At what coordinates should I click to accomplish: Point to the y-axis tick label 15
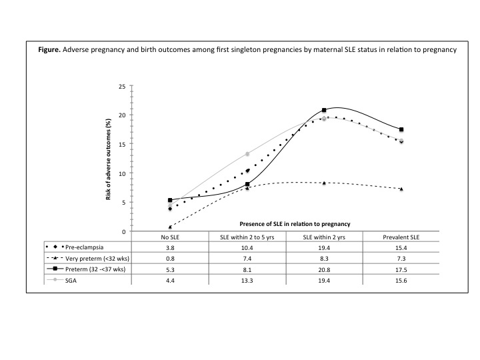pyautogui.click(x=122, y=144)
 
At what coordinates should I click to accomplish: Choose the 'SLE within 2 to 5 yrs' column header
pyautogui.click(x=247, y=236)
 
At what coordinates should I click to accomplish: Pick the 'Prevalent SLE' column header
pyautogui.click(x=400, y=236)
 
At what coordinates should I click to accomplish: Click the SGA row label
pyautogui.click(x=73, y=281)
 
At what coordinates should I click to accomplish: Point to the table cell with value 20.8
pyautogui.click(x=324, y=269)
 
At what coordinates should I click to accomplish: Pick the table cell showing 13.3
pyautogui.click(x=247, y=281)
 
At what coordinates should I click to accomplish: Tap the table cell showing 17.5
pyautogui.click(x=400, y=269)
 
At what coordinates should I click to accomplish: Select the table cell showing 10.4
pyautogui.click(x=247, y=247)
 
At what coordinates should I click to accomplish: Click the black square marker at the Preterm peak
pyautogui.click(x=324, y=110)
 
